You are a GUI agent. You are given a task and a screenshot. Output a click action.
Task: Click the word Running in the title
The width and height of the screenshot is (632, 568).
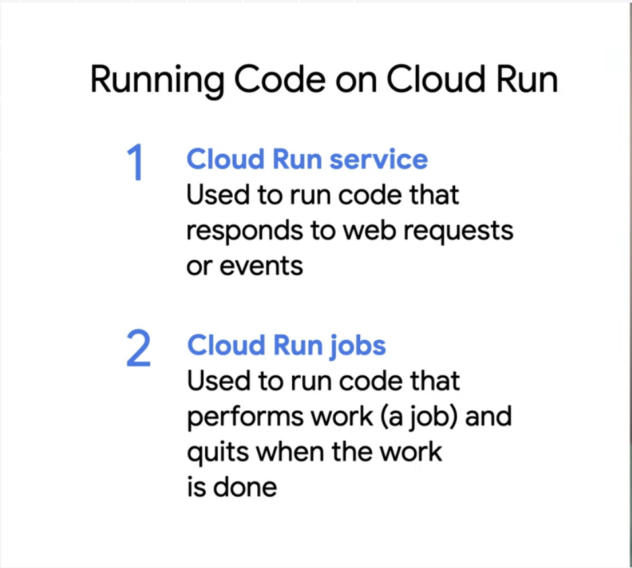[157, 81]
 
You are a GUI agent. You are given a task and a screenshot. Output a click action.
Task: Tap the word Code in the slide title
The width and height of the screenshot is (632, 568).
[280, 79]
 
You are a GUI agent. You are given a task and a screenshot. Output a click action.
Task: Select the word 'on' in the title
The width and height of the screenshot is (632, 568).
[356, 83]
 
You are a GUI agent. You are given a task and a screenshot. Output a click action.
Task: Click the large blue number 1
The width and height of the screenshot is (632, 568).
[135, 162]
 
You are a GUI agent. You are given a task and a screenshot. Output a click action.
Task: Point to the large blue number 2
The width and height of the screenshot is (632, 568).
[139, 348]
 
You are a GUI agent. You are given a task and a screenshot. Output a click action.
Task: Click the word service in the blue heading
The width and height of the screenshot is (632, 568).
[379, 159]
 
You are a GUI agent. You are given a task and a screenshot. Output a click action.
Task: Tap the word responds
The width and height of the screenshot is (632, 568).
[244, 232]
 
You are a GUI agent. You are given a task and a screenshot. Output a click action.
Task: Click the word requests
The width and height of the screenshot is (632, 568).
[458, 232]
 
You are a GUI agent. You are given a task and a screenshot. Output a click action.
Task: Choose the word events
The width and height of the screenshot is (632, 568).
[261, 267]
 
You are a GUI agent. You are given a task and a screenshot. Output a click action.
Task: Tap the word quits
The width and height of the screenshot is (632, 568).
[218, 453]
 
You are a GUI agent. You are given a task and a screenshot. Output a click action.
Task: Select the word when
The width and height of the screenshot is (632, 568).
[290, 452]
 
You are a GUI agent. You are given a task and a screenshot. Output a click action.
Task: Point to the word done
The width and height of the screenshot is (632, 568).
[245, 487]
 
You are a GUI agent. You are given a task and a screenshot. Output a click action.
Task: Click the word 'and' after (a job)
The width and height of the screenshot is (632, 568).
[488, 416]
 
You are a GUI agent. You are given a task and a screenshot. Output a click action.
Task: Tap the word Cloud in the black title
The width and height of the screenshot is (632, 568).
[436, 79]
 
